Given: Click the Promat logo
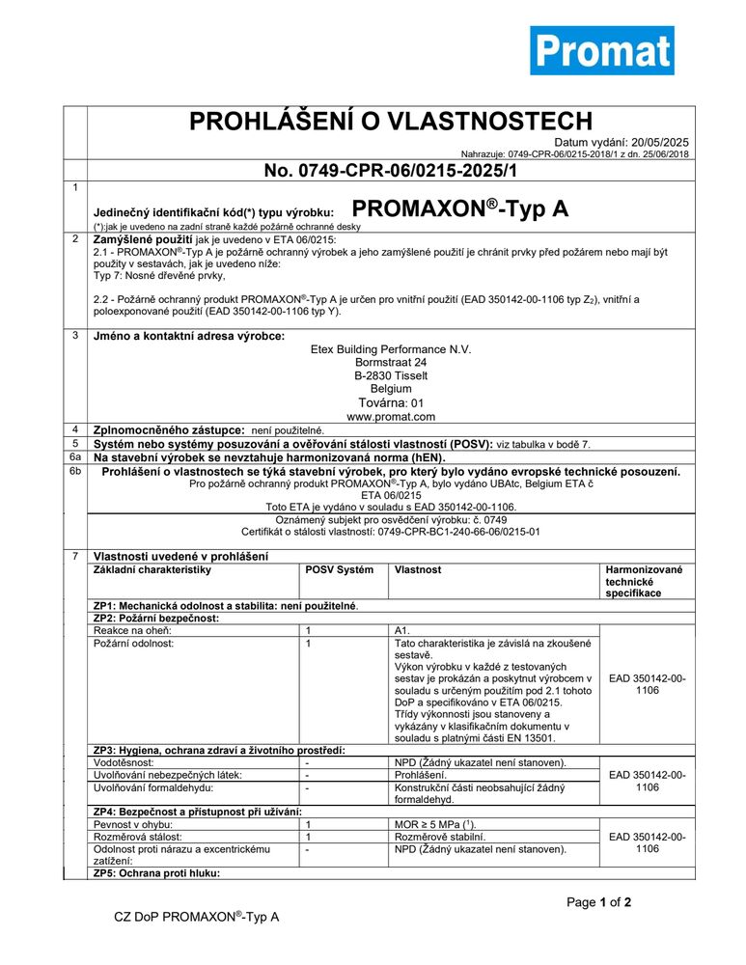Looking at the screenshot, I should tap(601, 50).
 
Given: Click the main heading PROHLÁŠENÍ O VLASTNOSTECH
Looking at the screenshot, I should tap(390, 121).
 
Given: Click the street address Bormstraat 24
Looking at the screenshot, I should tap(390, 362).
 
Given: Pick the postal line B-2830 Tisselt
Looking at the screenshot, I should tap(390, 375).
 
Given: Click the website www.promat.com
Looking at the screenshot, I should tap(390, 417).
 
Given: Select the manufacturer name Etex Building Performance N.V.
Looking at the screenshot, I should tap(390, 348).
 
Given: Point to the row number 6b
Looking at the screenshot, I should tap(75, 471).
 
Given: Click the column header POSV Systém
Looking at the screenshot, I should tap(339, 570).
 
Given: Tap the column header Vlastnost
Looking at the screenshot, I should tap(418, 570).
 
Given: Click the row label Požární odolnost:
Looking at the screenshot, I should tap(133, 643).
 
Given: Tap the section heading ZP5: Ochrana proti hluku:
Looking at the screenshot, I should tap(157, 873).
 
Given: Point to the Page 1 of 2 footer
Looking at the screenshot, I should tap(598, 903).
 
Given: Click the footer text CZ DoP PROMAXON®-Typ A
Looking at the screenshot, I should tap(197, 917).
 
